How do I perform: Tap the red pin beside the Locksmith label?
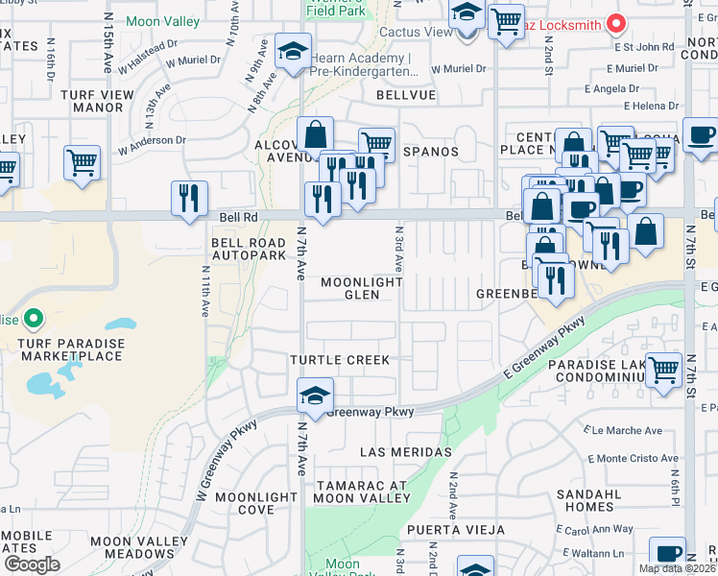(x=617, y=22)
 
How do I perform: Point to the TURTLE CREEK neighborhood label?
(x=342, y=360)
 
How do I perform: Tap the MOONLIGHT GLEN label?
(x=360, y=288)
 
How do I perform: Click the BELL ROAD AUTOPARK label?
(x=249, y=251)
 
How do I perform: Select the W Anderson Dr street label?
(x=152, y=145)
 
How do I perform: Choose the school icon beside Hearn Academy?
(x=293, y=51)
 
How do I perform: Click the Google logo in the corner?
(x=32, y=564)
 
